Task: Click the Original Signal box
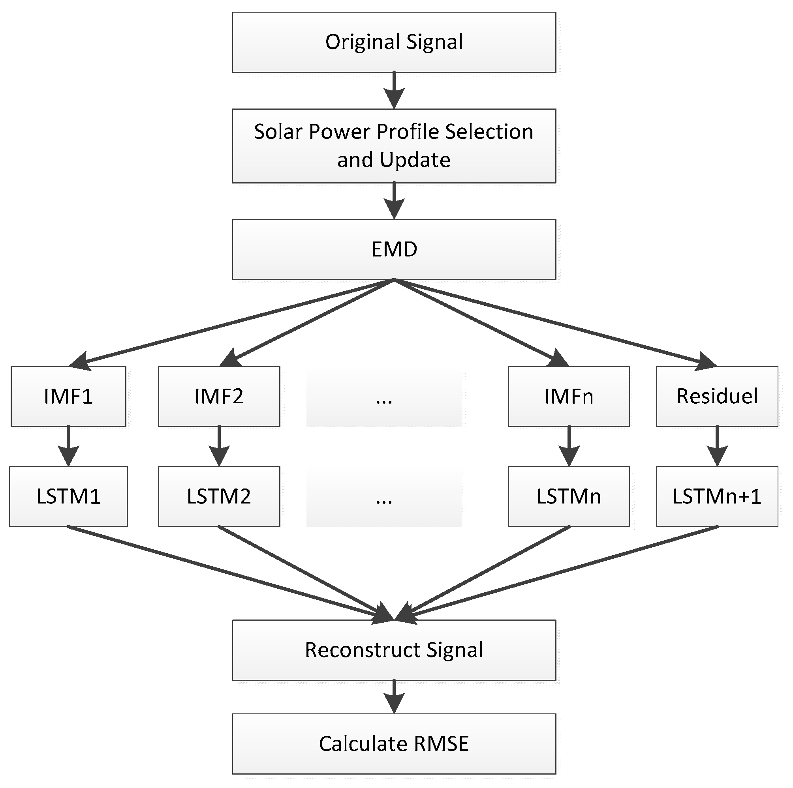[x=394, y=42]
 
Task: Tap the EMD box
[x=394, y=249]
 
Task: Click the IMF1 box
[x=68, y=396]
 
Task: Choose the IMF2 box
[x=219, y=396]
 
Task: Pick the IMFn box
[x=569, y=396]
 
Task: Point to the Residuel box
[x=717, y=396]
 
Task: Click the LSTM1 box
[x=68, y=496]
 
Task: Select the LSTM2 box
[x=219, y=496]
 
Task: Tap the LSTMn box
[x=569, y=496]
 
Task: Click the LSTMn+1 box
[x=717, y=496]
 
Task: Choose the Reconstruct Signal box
[x=394, y=650]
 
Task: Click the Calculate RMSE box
[x=394, y=744]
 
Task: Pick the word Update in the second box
[x=415, y=160]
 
